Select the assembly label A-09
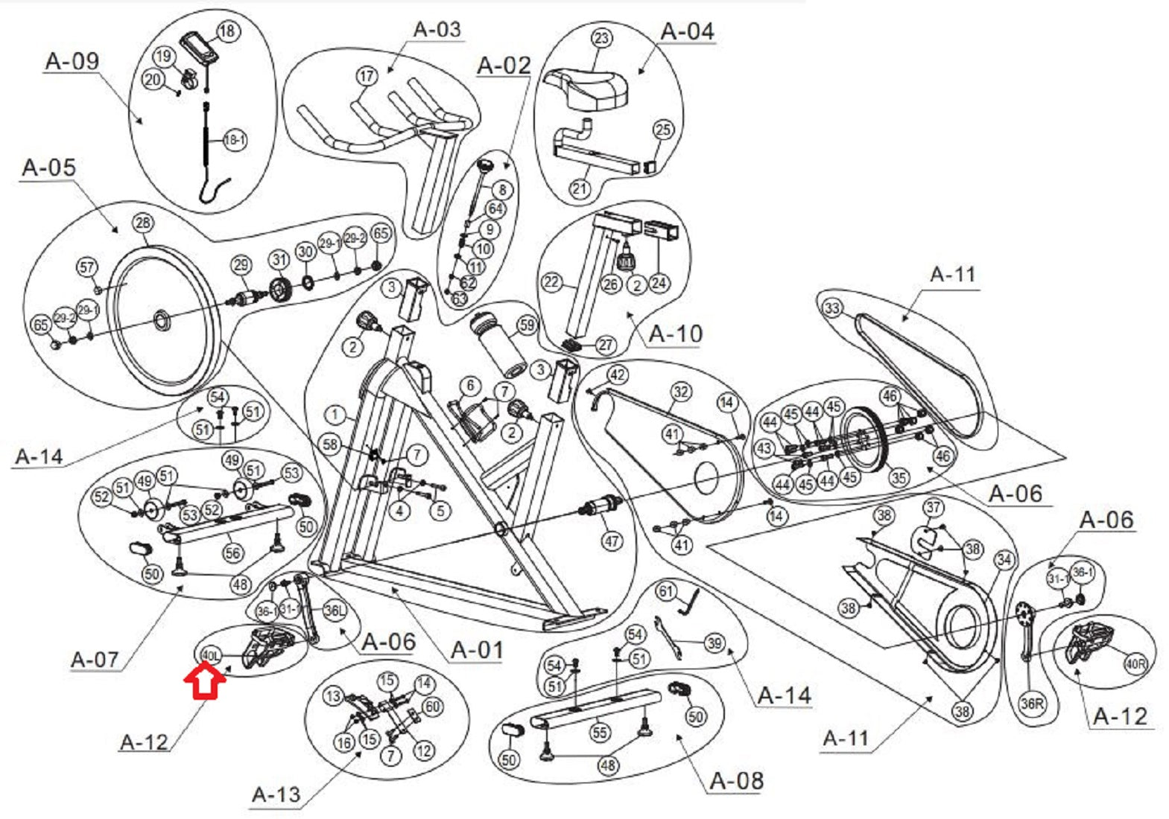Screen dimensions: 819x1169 click(x=72, y=61)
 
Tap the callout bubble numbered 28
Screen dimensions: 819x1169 click(x=142, y=223)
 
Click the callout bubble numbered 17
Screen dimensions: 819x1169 click(x=367, y=76)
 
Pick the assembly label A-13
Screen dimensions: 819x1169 click(x=276, y=794)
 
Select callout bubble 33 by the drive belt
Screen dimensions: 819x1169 click(x=832, y=307)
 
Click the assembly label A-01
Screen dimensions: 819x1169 click(x=477, y=650)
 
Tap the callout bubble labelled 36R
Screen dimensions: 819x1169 click(x=1032, y=703)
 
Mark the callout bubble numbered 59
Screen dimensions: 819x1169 click(x=527, y=325)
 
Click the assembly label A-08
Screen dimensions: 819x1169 click(x=736, y=780)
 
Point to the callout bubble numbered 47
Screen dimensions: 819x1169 click(x=612, y=541)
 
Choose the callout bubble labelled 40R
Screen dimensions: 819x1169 click(x=1135, y=663)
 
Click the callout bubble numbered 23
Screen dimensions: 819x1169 click(x=601, y=38)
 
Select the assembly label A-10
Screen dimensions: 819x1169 click(x=675, y=334)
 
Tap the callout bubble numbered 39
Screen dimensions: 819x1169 click(x=715, y=643)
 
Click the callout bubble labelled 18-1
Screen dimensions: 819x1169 click(x=234, y=139)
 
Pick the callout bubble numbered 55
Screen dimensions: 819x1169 click(x=600, y=733)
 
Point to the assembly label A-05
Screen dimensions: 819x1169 click(x=48, y=168)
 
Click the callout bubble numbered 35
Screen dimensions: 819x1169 click(x=899, y=477)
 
